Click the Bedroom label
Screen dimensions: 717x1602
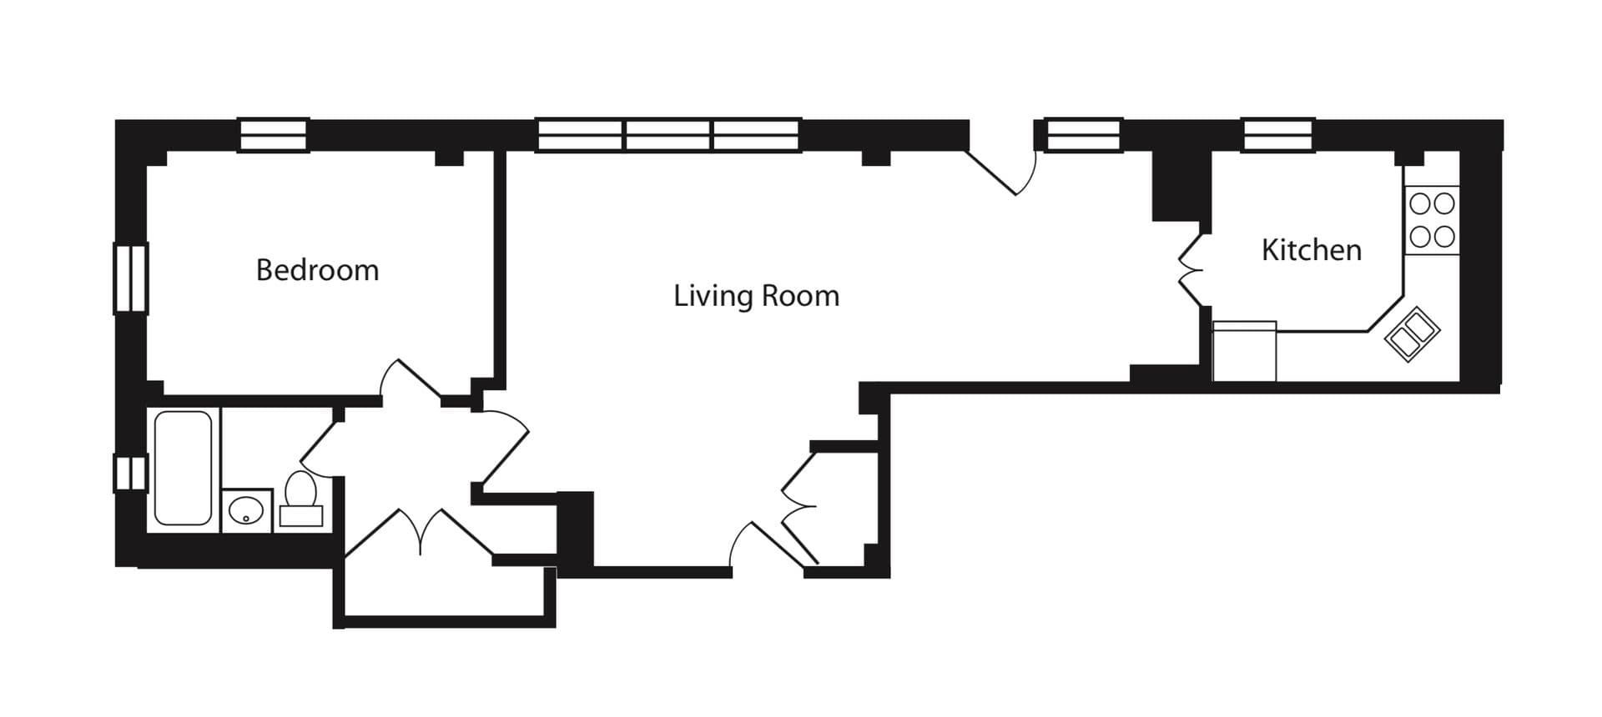[317, 270]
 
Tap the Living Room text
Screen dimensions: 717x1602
[756, 296]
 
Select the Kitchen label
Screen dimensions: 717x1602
[1311, 250]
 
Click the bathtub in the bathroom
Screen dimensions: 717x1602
[183, 468]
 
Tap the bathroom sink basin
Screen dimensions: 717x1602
[246, 510]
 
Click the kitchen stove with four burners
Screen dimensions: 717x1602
[1432, 220]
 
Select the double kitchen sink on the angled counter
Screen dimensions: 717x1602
[1412, 334]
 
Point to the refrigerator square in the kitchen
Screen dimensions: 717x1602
[1244, 351]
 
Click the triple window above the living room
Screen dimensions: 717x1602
[668, 135]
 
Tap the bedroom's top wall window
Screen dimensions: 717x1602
[275, 135]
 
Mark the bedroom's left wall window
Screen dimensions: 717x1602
[131, 278]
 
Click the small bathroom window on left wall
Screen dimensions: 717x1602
[131, 473]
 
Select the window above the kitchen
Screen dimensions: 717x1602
[1278, 135]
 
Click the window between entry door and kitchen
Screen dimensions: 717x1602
[1083, 135]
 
